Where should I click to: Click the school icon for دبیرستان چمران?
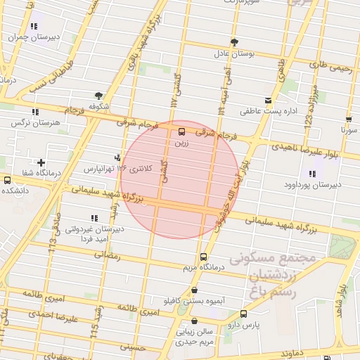[x=34, y=26]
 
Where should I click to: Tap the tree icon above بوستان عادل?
[x=234, y=42]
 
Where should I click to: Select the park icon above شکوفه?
[x=98, y=96]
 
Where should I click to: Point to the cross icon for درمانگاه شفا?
[x=41, y=162]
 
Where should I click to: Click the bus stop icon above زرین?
[x=182, y=131]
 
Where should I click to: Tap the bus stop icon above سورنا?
[x=349, y=119]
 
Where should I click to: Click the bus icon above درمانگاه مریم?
[x=203, y=257]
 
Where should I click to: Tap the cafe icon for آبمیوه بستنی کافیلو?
[x=194, y=290]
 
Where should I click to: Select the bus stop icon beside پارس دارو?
[x=243, y=314]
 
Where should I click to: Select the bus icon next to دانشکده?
[x=7, y=179]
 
